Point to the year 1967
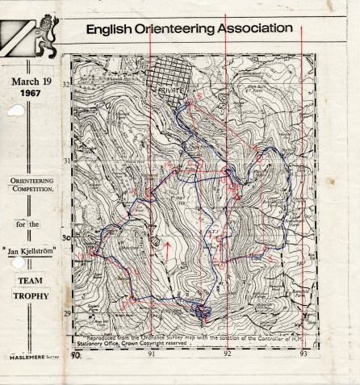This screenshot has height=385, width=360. (31, 94)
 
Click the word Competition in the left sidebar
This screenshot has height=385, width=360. (31, 187)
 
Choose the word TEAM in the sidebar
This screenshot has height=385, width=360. (31, 282)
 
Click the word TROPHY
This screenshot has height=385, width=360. (31, 295)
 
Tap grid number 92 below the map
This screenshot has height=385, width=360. (228, 354)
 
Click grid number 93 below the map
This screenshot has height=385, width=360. (303, 354)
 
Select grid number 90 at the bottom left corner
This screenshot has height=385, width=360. (77, 354)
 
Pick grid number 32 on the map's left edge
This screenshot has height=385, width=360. (66, 83)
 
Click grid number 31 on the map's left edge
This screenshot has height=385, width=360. (66, 161)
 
